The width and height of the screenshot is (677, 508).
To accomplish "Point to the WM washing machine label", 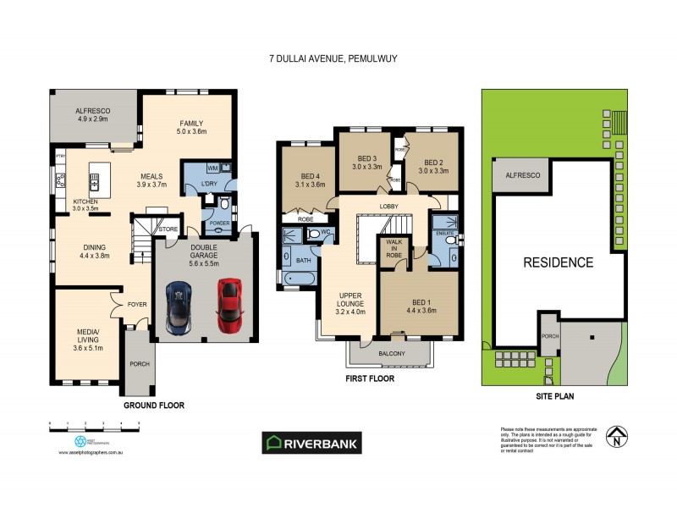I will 212,168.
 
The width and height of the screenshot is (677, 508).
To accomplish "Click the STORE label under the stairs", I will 167,228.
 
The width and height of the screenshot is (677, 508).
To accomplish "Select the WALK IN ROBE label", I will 394,248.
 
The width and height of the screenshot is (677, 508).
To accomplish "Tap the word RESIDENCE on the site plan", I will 557,262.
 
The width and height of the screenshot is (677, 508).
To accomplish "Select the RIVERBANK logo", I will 312,442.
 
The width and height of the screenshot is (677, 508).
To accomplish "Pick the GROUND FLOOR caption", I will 154,406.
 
